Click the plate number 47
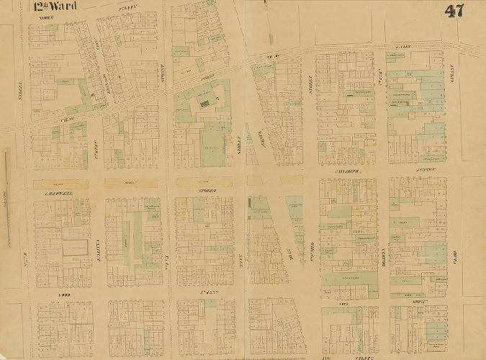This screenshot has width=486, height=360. (x=454, y=11)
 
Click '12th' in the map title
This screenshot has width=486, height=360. (x=40, y=9)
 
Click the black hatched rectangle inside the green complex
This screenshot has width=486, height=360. (x=207, y=104)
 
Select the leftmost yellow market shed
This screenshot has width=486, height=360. (x=60, y=184)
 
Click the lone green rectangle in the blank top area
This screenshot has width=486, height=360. (x=181, y=50)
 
